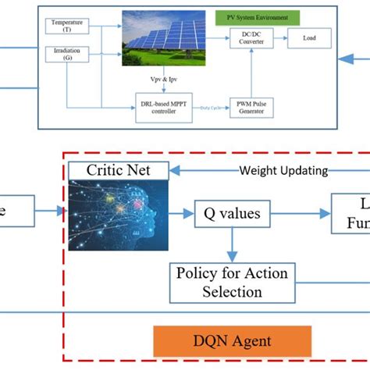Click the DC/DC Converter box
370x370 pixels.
click(x=250, y=41)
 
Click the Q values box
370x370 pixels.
click(x=222, y=212)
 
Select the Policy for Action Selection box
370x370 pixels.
click(x=232, y=282)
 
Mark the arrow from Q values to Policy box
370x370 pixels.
click(x=229, y=244)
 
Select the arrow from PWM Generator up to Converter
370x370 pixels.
click(x=250, y=78)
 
